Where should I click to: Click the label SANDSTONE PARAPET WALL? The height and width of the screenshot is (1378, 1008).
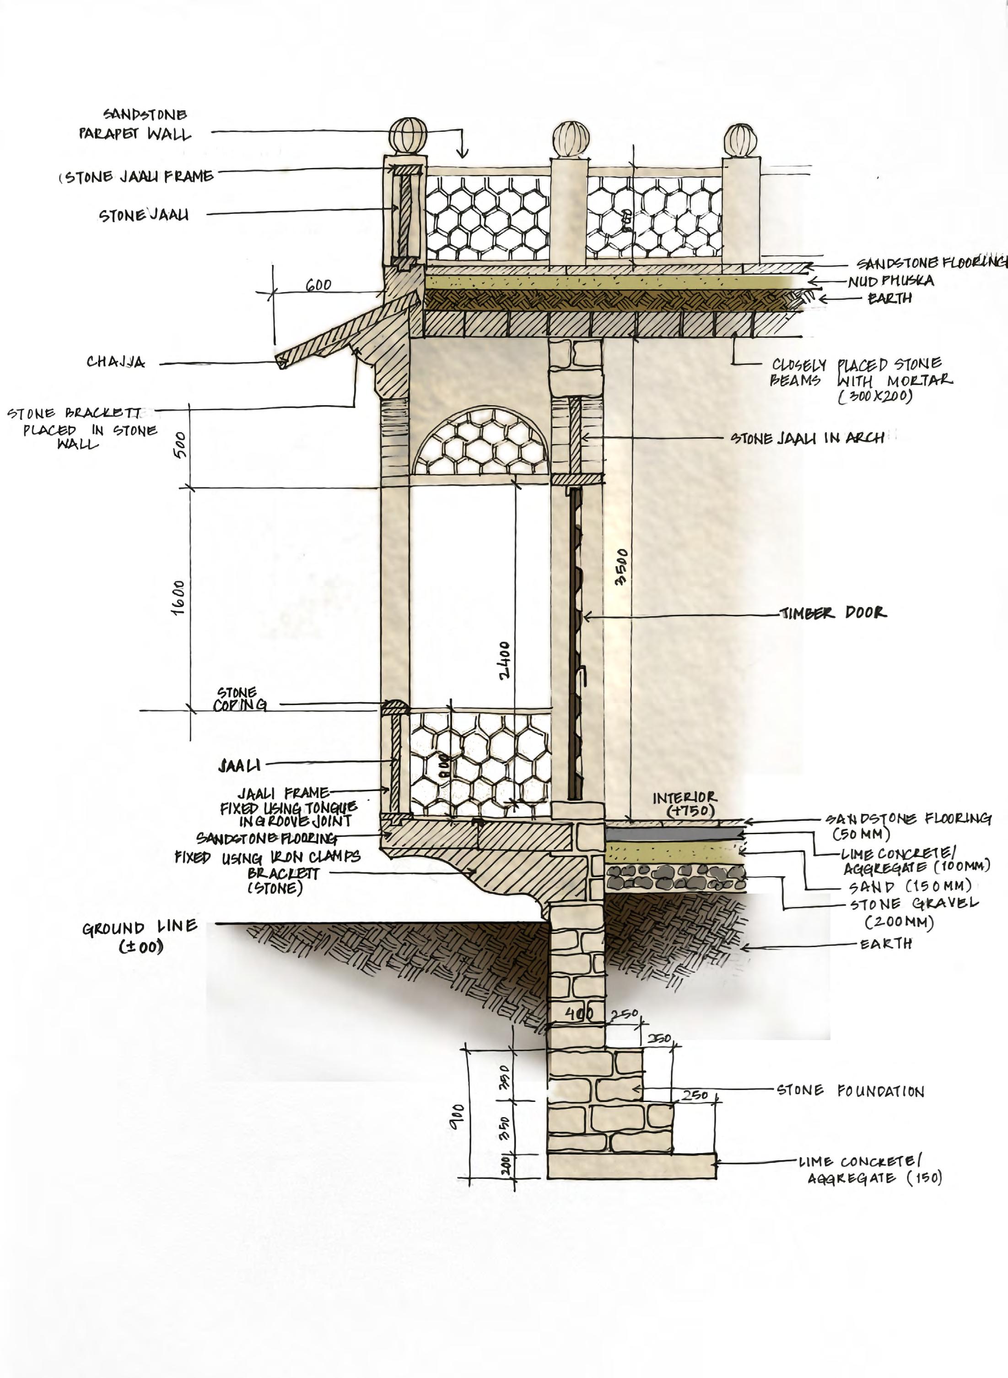(135, 125)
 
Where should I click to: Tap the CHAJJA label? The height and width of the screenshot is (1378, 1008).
(116, 362)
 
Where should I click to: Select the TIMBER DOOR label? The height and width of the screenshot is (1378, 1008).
(834, 613)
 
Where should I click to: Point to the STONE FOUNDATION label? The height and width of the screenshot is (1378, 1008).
(850, 1090)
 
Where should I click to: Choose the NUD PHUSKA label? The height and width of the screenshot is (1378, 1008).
(890, 281)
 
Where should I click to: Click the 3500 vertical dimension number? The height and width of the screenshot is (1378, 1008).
(621, 568)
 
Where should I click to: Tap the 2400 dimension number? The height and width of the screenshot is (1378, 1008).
(504, 660)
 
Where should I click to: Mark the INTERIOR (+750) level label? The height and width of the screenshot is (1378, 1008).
(685, 804)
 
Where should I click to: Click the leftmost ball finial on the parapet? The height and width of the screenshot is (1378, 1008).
(408, 136)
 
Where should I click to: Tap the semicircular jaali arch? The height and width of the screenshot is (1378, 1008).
(481, 443)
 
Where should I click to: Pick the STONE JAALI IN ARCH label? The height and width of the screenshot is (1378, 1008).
(807, 438)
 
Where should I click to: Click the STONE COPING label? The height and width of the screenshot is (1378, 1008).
(239, 699)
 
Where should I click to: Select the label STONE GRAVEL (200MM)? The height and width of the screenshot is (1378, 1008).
(913, 913)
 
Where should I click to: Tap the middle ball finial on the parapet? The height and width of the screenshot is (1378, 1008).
(571, 140)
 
